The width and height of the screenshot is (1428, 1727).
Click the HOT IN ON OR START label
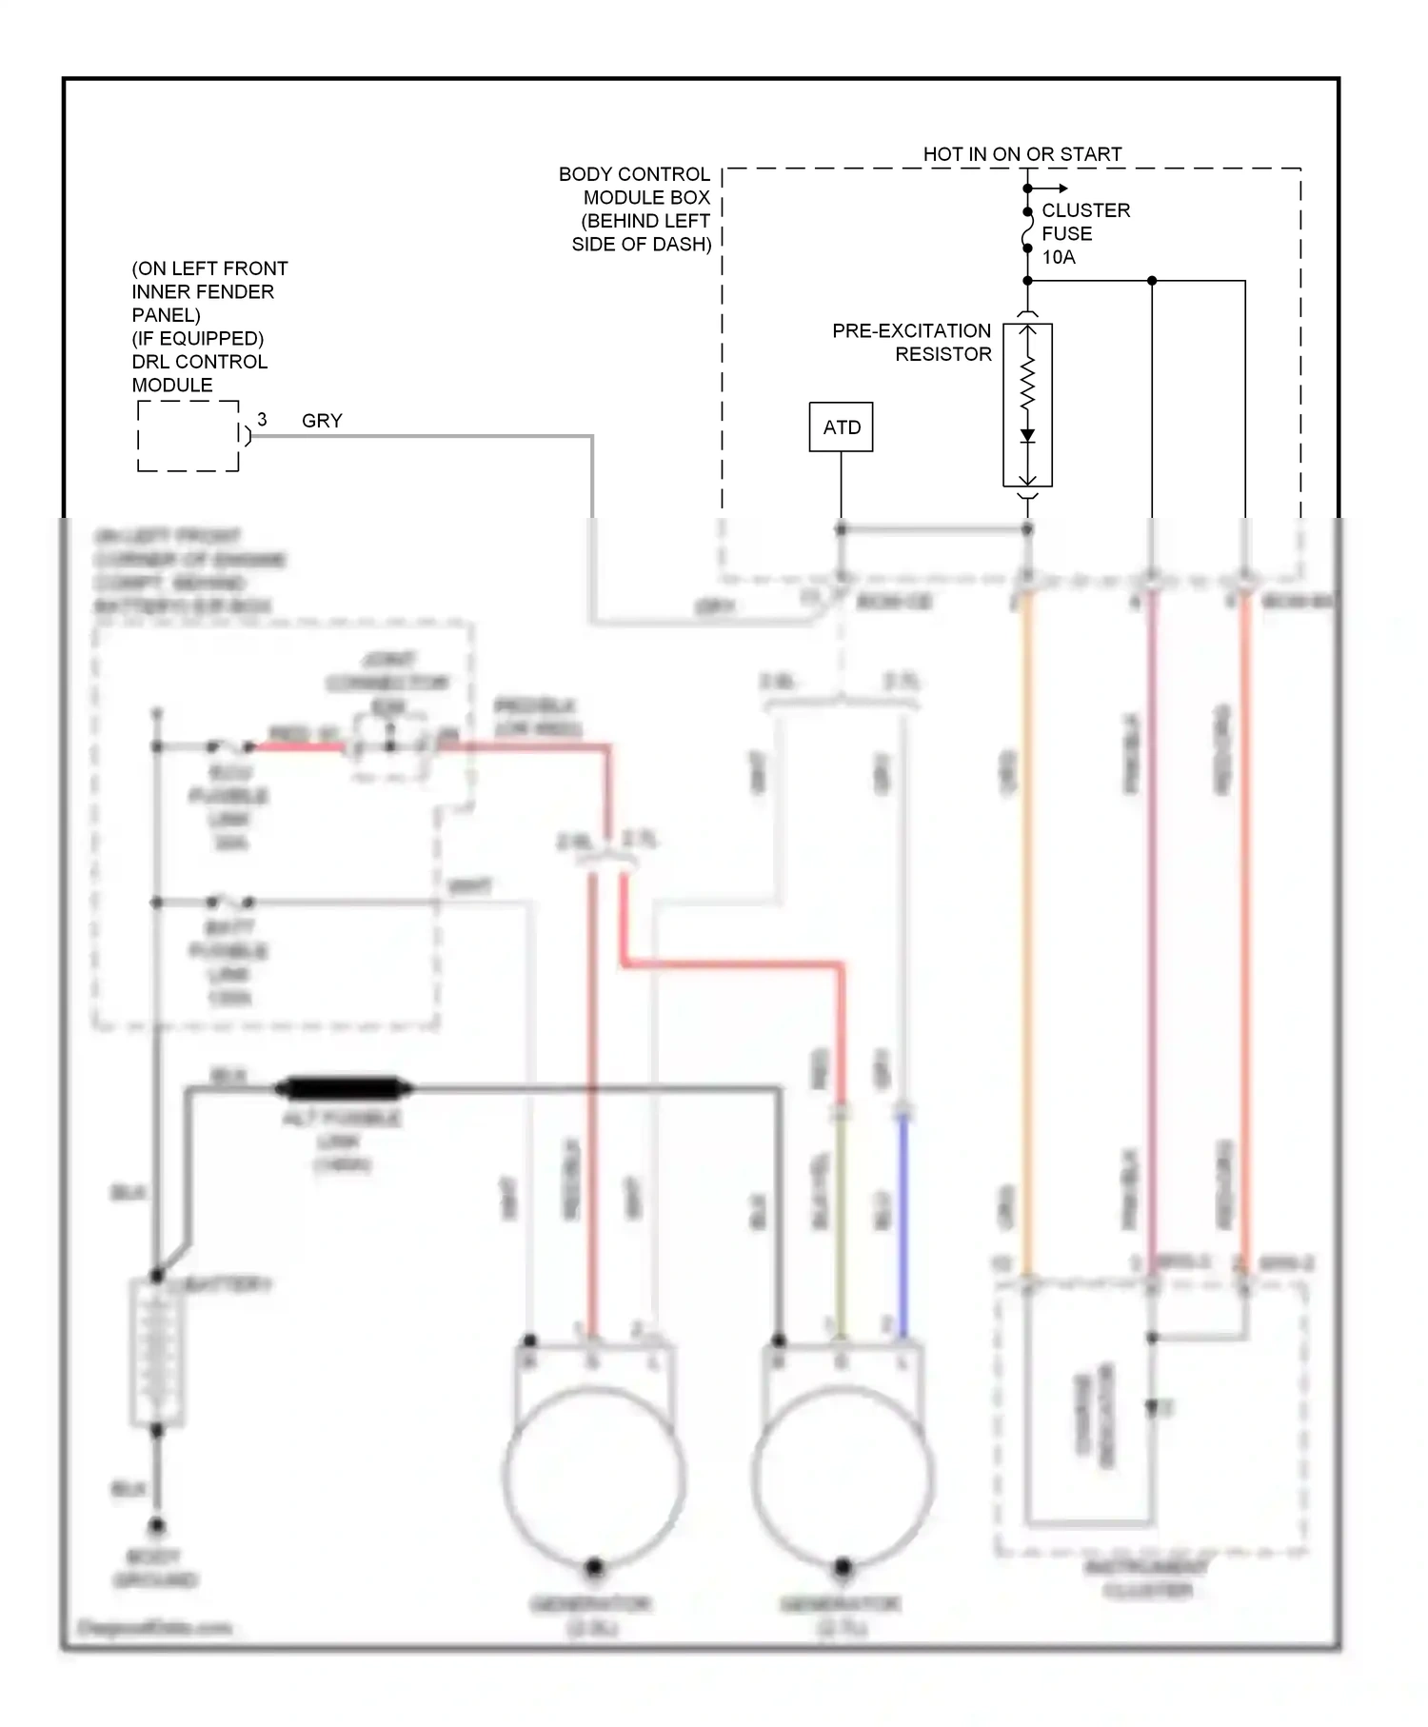tap(1021, 154)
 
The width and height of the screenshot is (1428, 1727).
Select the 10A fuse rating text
tap(1059, 257)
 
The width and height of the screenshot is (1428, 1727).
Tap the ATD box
tap(841, 427)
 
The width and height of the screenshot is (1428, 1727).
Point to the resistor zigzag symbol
tap(1027, 385)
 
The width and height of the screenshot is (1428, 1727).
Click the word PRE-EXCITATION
tap(911, 331)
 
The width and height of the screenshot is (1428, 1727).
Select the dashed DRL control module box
tap(188, 436)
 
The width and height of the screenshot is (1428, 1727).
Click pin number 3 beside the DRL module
tap(262, 420)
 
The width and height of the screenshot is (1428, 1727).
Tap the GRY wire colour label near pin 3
tap(322, 421)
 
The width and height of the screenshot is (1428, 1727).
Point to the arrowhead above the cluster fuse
tap(1061, 189)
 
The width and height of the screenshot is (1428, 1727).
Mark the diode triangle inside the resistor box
tap(1027, 436)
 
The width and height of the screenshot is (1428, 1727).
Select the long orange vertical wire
tap(1027, 933)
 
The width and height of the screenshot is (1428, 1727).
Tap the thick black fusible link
tap(343, 1087)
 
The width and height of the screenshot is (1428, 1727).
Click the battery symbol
tap(156, 1352)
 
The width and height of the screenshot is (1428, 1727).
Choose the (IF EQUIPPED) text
tap(198, 339)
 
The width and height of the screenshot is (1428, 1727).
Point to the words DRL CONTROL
tap(200, 363)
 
